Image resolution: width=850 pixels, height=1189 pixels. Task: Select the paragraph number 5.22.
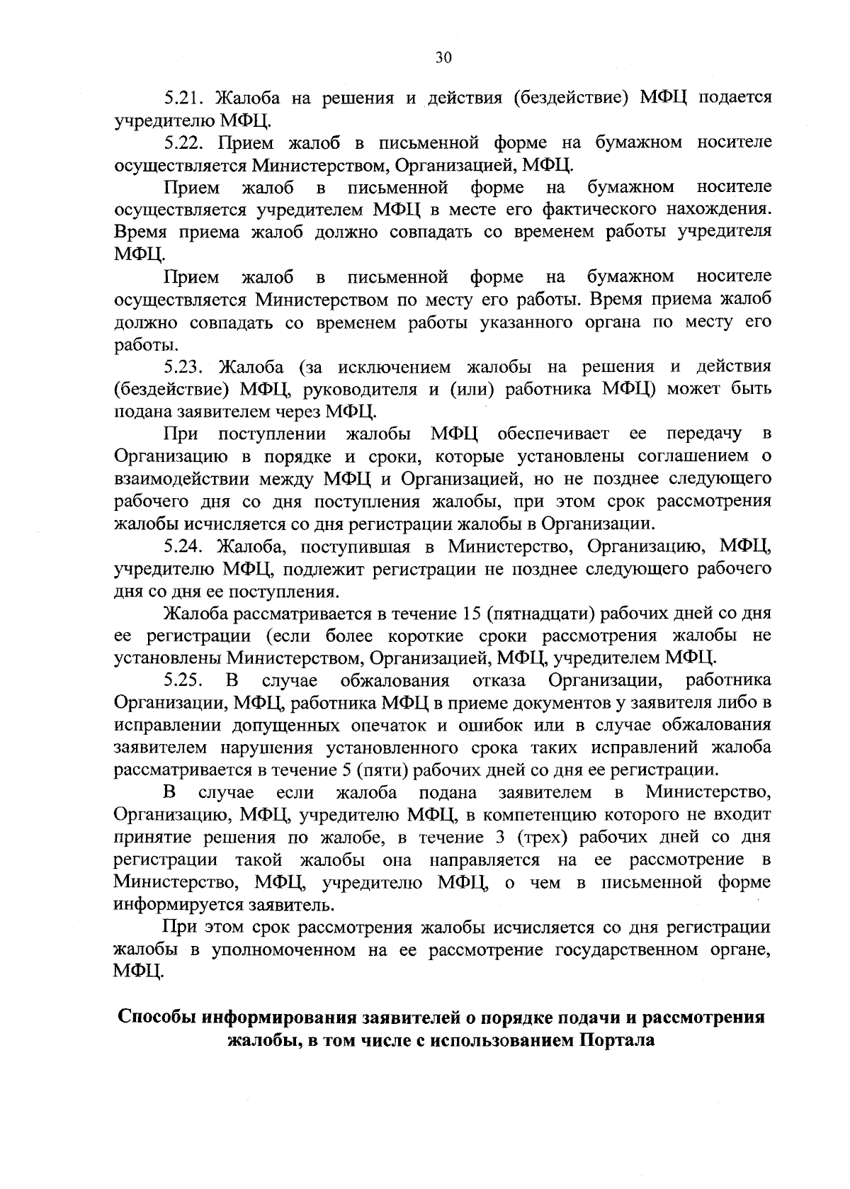click(x=185, y=142)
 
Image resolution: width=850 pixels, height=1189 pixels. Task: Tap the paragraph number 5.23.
click(x=185, y=366)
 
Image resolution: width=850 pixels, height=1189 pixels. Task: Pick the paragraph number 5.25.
click(x=185, y=681)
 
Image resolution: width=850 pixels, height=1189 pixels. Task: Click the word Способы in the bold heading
click(x=157, y=1017)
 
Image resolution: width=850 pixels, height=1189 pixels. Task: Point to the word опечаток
click(x=387, y=726)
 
